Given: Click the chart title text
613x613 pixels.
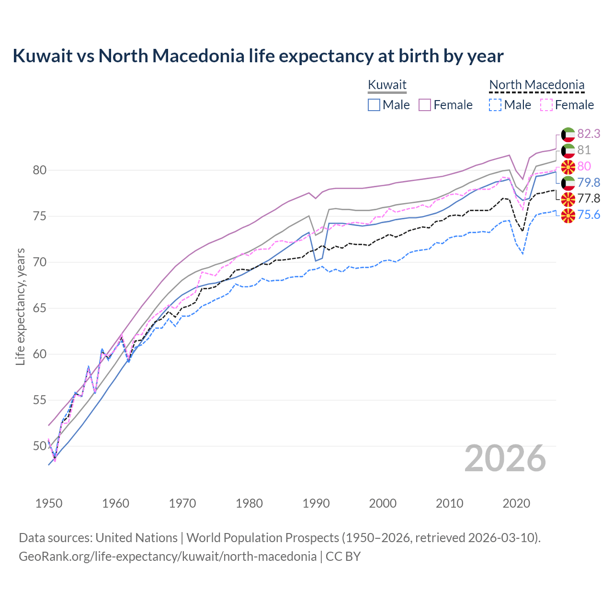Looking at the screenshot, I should tap(258, 56).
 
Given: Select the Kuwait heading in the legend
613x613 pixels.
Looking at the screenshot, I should tap(387, 85).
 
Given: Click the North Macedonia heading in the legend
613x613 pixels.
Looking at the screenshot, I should tap(536, 85).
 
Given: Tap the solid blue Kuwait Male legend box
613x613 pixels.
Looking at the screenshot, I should tap(374, 105).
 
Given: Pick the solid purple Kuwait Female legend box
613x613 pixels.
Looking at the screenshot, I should tap(425, 105).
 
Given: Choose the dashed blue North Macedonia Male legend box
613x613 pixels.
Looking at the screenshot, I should tap(495, 105).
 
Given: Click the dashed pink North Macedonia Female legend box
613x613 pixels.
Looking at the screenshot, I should tap(546, 105).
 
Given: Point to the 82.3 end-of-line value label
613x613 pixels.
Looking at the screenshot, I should tap(589, 134).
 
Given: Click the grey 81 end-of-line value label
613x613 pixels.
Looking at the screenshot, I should tap(584, 150).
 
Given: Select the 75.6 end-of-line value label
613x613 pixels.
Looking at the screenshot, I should tap(589, 215).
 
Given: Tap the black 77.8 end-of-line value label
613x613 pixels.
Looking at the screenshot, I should tap(589, 198).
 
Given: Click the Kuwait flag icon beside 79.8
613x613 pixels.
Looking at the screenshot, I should tap(568, 182).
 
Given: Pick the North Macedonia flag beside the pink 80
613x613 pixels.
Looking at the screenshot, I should tap(568, 166).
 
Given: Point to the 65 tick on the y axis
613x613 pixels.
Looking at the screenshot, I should tap(40, 308).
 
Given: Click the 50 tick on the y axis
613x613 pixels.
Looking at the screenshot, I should tap(40, 446).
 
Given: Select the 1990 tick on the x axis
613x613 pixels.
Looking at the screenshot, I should tap(316, 503).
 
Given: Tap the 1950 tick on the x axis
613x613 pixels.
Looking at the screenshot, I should tap(49, 503).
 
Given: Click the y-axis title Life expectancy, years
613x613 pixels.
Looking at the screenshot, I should tap(20, 306).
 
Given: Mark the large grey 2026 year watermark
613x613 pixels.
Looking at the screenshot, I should tap(505, 458).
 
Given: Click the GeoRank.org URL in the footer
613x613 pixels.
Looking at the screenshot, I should tap(168, 556).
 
